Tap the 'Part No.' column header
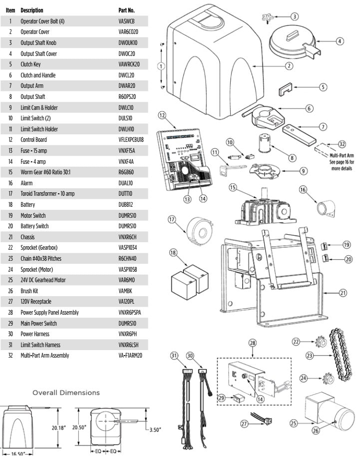point(127,10)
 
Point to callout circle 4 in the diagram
point(340,41)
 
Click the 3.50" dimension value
point(153,430)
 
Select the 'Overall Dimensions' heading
point(66,393)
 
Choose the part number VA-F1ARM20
point(131,355)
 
